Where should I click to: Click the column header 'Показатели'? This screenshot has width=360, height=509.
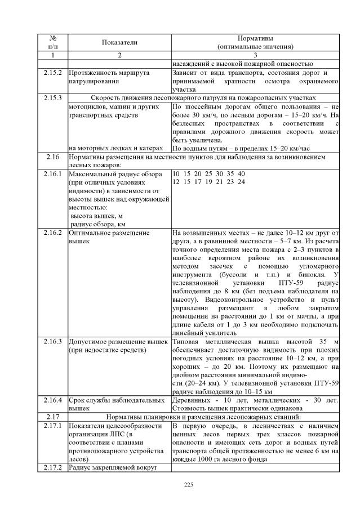point(119,42)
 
